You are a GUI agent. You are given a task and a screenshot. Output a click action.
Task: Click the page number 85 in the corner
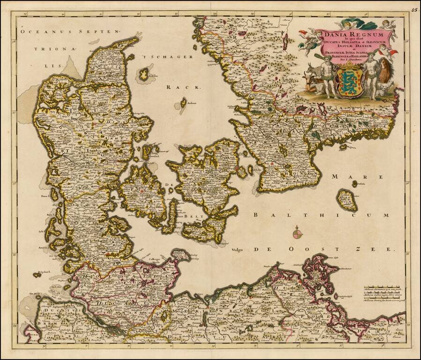(415, 9)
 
